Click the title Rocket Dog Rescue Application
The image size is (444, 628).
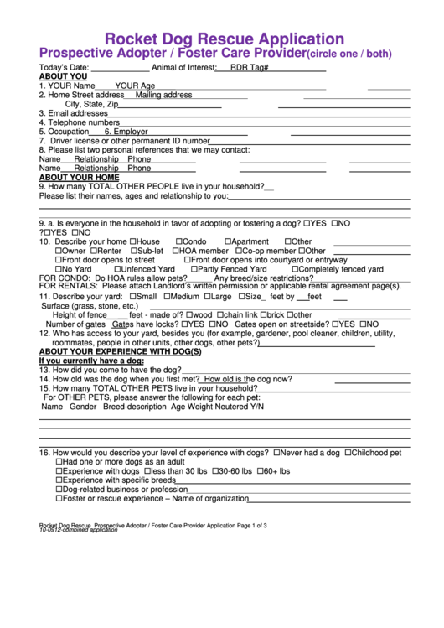(223, 39)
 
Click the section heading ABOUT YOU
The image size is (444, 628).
(63, 76)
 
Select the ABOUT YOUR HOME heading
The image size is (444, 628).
(79, 178)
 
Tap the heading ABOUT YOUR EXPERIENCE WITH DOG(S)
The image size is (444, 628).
(121, 351)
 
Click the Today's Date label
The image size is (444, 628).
(64, 67)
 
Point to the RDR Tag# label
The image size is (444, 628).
(249, 67)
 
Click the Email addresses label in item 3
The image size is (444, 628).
(74, 113)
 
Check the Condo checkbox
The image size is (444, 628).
(180, 241)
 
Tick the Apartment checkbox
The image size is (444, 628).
(230, 241)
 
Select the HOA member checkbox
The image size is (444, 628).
(177, 251)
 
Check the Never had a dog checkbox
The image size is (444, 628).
(278, 452)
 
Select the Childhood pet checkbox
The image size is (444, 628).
(347, 452)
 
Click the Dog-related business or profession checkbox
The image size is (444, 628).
(59, 489)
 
